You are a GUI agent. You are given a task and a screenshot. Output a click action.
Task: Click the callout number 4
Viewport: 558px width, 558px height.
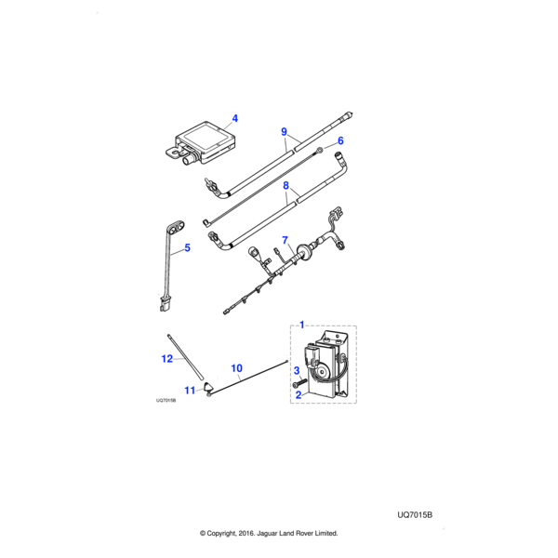pos(235,118)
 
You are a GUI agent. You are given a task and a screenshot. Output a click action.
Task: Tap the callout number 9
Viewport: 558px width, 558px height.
pos(286,132)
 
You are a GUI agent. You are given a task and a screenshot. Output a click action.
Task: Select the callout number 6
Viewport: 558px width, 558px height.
pos(340,140)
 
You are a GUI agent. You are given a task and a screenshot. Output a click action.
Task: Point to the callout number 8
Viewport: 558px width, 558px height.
pos(286,187)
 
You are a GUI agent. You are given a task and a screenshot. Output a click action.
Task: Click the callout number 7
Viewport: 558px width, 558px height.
pos(285,240)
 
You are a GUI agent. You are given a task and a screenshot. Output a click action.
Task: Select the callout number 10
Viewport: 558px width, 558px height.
pos(236,368)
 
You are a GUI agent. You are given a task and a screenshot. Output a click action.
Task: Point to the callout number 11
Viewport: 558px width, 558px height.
pos(189,390)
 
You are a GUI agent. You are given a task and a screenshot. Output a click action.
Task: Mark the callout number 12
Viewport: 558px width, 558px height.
pos(167,357)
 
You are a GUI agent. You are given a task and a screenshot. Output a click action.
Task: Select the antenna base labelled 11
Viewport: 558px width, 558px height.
pos(207,387)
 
